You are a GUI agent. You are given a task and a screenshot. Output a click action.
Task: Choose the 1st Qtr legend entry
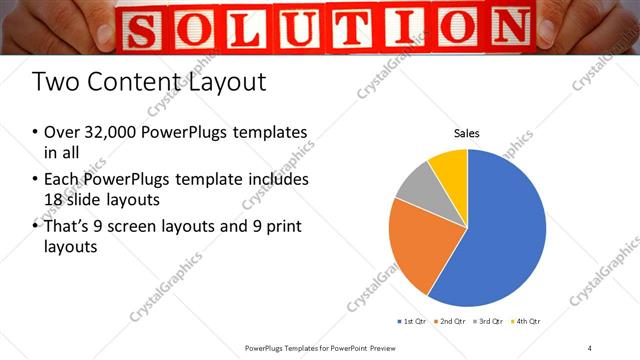[x=414, y=321]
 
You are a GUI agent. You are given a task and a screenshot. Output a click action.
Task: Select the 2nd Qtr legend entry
[x=452, y=321]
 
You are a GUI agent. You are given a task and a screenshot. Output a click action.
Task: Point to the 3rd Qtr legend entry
[x=489, y=321]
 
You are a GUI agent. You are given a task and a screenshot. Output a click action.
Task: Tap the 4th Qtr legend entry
[x=526, y=321]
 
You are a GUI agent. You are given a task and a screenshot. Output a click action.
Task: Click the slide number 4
[x=590, y=347]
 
